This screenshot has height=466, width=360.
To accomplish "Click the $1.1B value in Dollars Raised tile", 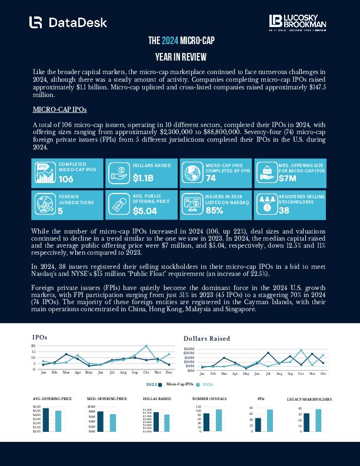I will coord(143,178).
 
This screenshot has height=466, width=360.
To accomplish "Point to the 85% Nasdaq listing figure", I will coord(214,209).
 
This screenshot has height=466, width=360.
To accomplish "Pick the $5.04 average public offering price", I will coord(145,210).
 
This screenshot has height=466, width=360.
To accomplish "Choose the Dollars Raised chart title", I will coord(206,338).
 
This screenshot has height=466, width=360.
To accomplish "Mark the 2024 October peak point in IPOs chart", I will coord(146,346).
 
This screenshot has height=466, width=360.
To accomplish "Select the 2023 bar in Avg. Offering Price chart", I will coord(46,420).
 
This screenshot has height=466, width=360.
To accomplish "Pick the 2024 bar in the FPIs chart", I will coord(269,420).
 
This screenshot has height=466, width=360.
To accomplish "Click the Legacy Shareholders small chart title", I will coord(309,400).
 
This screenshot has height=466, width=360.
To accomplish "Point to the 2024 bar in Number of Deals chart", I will coord(219,420).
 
